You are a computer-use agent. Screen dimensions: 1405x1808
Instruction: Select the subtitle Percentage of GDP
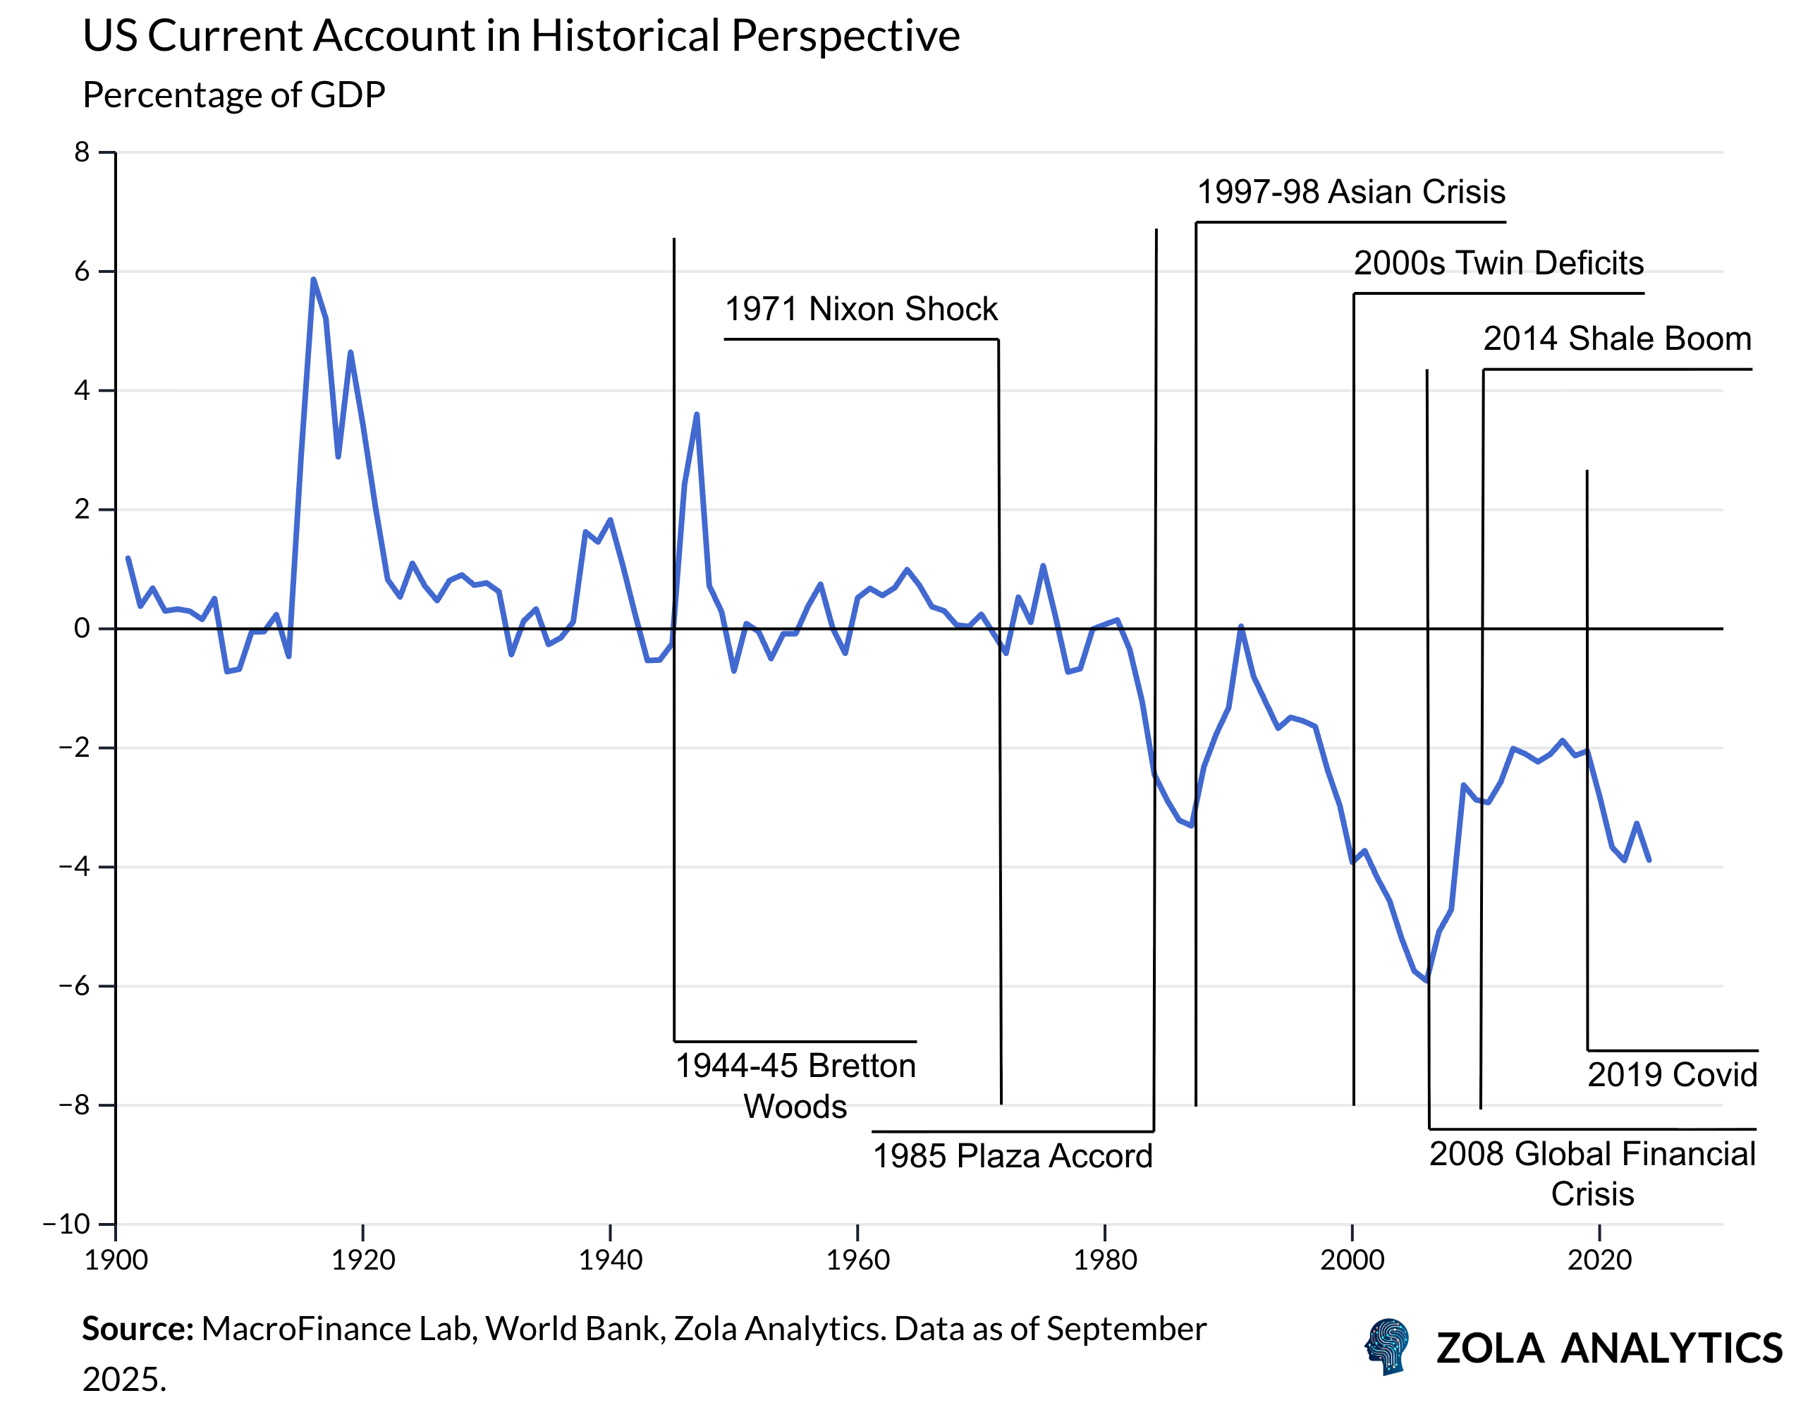pyautogui.click(x=233, y=95)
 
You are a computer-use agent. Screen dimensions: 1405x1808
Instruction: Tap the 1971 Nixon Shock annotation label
pyautogui.click(x=861, y=309)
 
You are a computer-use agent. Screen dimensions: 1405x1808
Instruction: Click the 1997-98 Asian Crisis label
pyautogui.click(x=1350, y=192)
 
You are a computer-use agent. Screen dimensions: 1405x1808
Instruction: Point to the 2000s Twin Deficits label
pyautogui.click(x=1498, y=263)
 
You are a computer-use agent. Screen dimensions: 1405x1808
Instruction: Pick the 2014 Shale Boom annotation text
pyautogui.click(x=1617, y=339)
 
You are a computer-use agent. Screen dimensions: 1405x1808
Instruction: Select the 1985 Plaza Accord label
pyautogui.click(x=1012, y=1156)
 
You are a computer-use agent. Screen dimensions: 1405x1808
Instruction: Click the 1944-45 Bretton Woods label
pyautogui.click(x=795, y=1085)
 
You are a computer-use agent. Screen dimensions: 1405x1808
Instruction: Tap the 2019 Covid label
pyautogui.click(x=1671, y=1075)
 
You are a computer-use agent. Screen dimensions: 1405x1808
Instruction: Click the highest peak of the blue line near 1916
pyautogui.click(x=313, y=280)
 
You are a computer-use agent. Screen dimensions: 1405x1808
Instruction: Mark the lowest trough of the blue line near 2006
pyautogui.click(x=1427, y=981)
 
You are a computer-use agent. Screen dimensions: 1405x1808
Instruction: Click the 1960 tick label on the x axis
pyautogui.click(x=857, y=1260)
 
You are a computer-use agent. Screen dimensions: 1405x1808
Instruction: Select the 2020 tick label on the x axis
pyautogui.click(x=1599, y=1260)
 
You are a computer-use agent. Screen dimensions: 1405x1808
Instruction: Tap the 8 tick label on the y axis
pyautogui.click(x=81, y=152)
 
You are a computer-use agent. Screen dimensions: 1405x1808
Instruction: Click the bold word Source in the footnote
pyautogui.click(x=137, y=1329)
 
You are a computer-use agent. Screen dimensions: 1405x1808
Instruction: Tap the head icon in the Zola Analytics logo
pyautogui.click(x=1388, y=1347)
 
